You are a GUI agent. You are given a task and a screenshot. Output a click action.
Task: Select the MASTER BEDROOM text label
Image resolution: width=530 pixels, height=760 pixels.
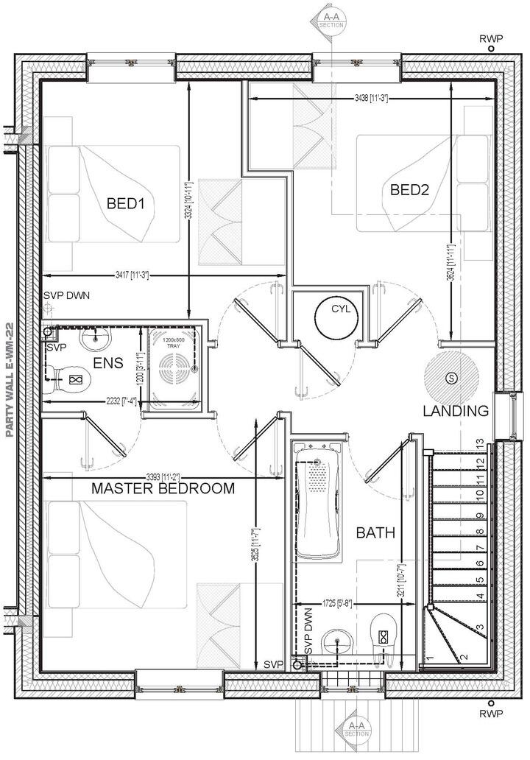(163, 488)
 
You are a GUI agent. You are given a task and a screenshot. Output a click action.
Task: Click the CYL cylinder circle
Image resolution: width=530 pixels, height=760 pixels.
(336, 318)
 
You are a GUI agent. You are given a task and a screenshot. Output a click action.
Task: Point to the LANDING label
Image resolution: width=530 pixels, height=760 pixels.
(456, 411)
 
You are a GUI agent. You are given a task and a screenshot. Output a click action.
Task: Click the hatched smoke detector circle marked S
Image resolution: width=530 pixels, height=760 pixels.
(451, 378)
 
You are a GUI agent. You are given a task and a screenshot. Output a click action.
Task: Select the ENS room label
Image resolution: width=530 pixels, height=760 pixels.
(107, 363)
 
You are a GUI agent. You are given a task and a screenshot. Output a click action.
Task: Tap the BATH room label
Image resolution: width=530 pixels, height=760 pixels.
(376, 532)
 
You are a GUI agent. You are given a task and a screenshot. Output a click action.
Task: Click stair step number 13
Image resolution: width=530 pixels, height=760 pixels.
(479, 444)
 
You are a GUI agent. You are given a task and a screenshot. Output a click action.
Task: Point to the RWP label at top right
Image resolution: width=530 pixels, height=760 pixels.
(491, 39)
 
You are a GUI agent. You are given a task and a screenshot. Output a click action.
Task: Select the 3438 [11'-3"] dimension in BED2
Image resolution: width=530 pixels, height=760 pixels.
(372, 97)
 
